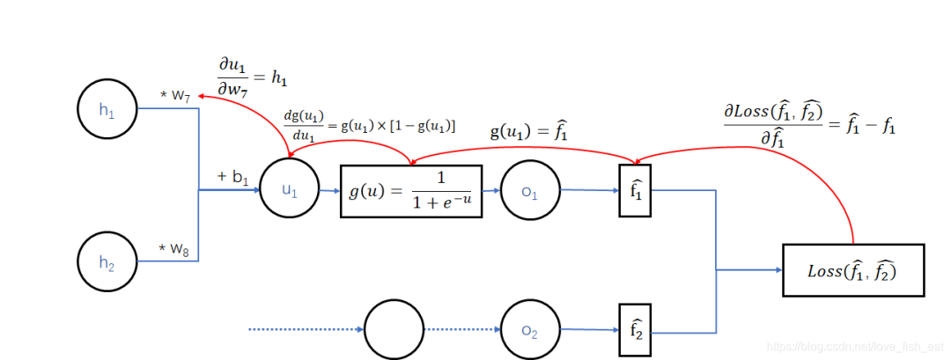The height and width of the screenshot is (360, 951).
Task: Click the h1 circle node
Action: [x=107, y=109]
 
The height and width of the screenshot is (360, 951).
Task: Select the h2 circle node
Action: [x=107, y=261]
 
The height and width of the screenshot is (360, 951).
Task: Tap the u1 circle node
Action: [x=290, y=189]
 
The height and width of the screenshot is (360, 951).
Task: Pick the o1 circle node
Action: [x=530, y=191]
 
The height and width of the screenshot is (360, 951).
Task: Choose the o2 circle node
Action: [x=530, y=330]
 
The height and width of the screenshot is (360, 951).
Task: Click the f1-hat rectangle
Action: [x=634, y=190]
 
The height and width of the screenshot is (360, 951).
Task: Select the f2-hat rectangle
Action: [x=634, y=330]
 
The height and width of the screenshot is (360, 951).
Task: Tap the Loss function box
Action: [x=853, y=270]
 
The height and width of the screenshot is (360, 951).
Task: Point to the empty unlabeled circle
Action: [x=394, y=330]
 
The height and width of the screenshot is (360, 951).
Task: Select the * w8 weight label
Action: [x=174, y=250]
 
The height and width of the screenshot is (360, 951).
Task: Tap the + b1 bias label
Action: [x=232, y=178]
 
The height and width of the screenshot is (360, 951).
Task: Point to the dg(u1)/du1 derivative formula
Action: [x=369, y=126]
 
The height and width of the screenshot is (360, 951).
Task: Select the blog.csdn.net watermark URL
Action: [x=856, y=347]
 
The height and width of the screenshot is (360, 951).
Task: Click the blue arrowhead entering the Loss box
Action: [x=778, y=270]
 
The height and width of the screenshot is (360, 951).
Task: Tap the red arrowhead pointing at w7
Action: [x=204, y=97]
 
